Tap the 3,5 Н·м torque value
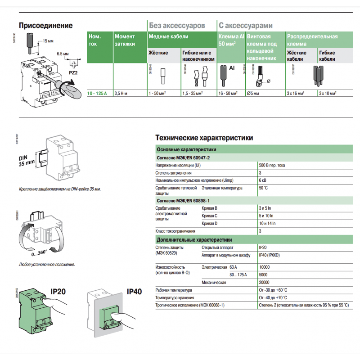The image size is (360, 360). (121, 93)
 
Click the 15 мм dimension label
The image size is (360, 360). (48, 41)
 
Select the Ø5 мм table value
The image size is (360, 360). (254, 93)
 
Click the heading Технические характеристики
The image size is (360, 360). (204, 138)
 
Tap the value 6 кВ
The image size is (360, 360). (263, 180)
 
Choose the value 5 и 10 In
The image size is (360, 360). (268, 216)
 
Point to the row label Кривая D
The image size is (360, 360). (210, 223)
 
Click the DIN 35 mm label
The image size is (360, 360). (26, 161)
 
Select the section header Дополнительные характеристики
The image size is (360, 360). (194, 240)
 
